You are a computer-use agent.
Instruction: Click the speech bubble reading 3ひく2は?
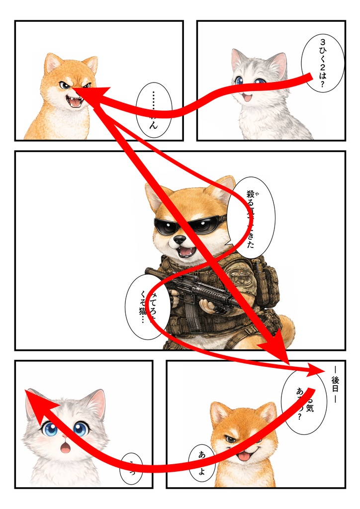coord(323,63)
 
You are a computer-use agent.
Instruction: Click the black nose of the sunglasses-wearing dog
coord(180,240)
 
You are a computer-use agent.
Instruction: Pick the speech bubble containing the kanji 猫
coord(148,307)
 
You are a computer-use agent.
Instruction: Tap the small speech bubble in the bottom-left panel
coord(131,468)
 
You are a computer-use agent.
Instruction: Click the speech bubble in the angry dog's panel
coord(154,109)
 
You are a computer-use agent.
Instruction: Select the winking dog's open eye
coord(229,439)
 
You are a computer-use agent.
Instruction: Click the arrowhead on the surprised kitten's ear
coord(33,398)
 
